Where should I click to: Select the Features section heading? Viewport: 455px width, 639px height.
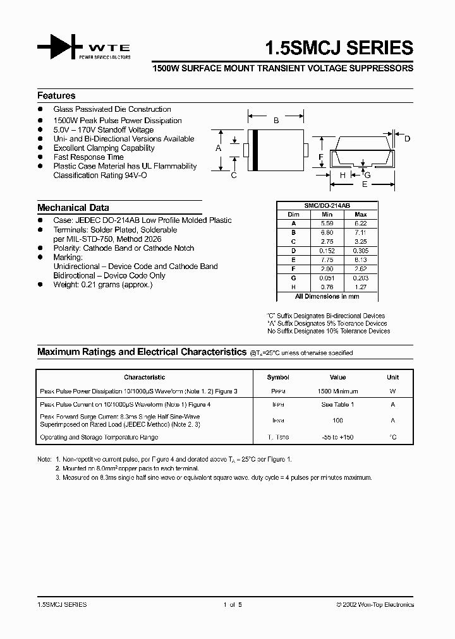[x=56, y=96]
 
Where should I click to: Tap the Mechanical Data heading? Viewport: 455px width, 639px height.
[x=73, y=208]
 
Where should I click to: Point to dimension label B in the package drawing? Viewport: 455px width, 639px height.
[x=276, y=120]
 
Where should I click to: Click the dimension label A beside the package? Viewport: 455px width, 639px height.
[x=218, y=148]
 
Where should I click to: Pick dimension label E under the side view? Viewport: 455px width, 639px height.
[x=364, y=185]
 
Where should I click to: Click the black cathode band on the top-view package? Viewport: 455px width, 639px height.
[x=255, y=150]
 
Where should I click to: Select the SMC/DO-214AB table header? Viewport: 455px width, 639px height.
[x=327, y=206]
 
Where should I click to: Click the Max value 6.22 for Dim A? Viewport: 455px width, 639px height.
[x=360, y=223]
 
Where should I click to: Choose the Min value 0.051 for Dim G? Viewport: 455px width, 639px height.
[x=327, y=277]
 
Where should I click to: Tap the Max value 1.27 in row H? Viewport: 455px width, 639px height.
[x=360, y=287]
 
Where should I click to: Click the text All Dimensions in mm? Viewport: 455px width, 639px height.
[x=327, y=296]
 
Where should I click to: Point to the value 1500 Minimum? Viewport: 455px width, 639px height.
[x=337, y=391]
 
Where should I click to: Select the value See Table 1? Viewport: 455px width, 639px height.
[x=337, y=405]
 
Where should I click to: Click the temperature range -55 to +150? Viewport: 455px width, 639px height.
[x=337, y=438]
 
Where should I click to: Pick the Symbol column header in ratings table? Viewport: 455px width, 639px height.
[x=278, y=378]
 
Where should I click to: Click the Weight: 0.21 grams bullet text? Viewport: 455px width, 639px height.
[x=102, y=285]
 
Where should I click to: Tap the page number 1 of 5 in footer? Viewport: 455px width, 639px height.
[x=233, y=605]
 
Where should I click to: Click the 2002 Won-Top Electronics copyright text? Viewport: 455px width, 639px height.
[x=375, y=605]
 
